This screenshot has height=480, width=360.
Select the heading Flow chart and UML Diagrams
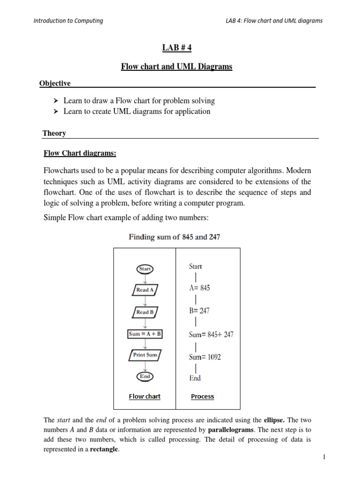[x=176, y=67]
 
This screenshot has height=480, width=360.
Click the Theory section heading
[x=54, y=133]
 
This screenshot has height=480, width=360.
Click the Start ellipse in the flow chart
[x=145, y=269]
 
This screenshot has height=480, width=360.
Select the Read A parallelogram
[x=145, y=290]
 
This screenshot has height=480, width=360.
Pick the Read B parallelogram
[x=145, y=312]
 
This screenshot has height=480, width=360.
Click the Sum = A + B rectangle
[x=145, y=334]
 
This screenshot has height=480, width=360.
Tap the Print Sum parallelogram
[x=145, y=355]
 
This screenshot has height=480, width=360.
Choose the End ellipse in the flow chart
[x=145, y=376]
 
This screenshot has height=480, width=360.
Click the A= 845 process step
[x=199, y=288]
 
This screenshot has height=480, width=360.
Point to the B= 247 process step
[x=199, y=310]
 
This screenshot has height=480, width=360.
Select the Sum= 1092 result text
[x=205, y=357]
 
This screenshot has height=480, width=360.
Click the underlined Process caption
[x=202, y=397]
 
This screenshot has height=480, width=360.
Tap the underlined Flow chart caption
[x=144, y=397]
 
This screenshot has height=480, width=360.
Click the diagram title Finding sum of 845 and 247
[x=174, y=237]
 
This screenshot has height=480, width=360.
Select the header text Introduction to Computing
[x=68, y=21]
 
